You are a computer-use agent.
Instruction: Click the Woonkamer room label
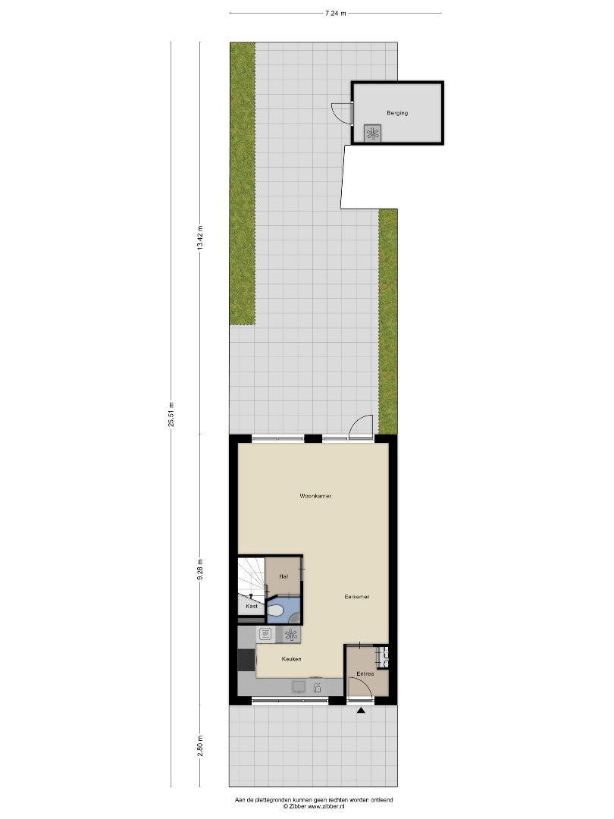pos(315,496)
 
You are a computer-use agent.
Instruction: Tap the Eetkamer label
pos(356,597)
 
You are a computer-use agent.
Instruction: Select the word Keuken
pos(291,659)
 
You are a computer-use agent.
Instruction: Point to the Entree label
pos(365,674)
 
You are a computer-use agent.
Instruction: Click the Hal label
pos(284,576)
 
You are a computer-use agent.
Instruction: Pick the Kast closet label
pos(252,607)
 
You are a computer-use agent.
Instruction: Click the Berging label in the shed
pos(397,113)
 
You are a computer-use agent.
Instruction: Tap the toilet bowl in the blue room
pos(276,610)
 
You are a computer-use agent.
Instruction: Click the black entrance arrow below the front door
pos(361,711)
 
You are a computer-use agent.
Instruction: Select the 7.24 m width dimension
pos(336,14)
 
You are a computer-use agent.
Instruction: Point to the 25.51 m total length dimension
pos(171,414)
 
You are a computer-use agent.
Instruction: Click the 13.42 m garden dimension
pos(199,237)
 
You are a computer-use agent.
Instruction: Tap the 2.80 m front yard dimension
pos(199,745)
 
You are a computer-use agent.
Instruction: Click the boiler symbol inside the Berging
pos(372,133)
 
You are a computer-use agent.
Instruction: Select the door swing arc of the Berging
pos(340,112)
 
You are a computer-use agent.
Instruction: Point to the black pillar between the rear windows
pos(313,439)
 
